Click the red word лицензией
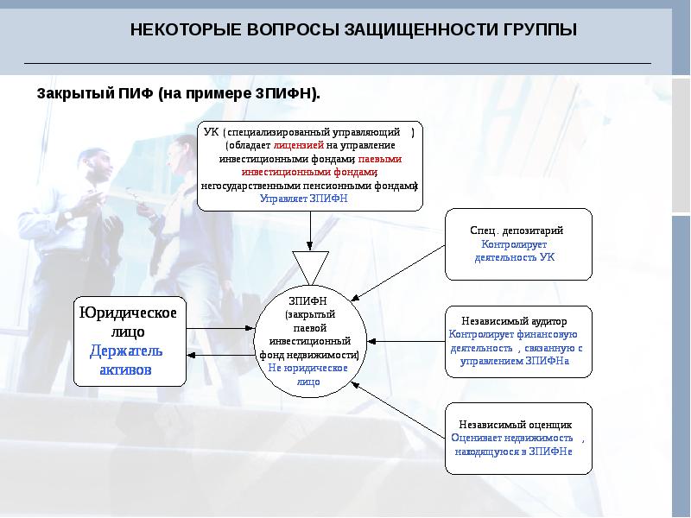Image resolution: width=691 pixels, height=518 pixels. (x=298, y=145)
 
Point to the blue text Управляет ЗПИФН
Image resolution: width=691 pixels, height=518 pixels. (x=304, y=199)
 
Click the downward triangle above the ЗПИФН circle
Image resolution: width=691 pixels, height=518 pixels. (x=310, y=266)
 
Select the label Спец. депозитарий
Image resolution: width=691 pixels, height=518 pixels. (x=517, y=231)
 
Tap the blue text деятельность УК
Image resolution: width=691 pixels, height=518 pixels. (x=515, y=257)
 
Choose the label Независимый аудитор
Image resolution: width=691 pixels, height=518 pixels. (x=514, y=321)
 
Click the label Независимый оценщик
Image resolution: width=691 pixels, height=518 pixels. (x=515, y=425)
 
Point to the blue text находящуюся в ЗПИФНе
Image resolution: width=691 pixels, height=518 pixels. (x=513, y=452)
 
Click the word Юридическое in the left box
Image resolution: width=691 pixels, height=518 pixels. (x=128, y=313)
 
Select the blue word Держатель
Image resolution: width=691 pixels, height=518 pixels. (x=126, y=351)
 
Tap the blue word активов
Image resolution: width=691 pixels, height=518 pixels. (x=125, y=370)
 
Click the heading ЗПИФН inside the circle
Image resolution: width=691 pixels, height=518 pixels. (x=307, y=301)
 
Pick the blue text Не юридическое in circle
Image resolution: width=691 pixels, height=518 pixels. (x=307, y=368)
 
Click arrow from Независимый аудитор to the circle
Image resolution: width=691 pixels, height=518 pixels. (x=406, y=341)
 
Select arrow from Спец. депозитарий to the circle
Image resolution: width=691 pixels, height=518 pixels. (x=398, y=273)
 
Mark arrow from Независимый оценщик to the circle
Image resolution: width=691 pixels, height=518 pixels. (x=398, y=410)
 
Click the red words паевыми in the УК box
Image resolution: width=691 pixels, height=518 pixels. (x=380, y=159)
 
